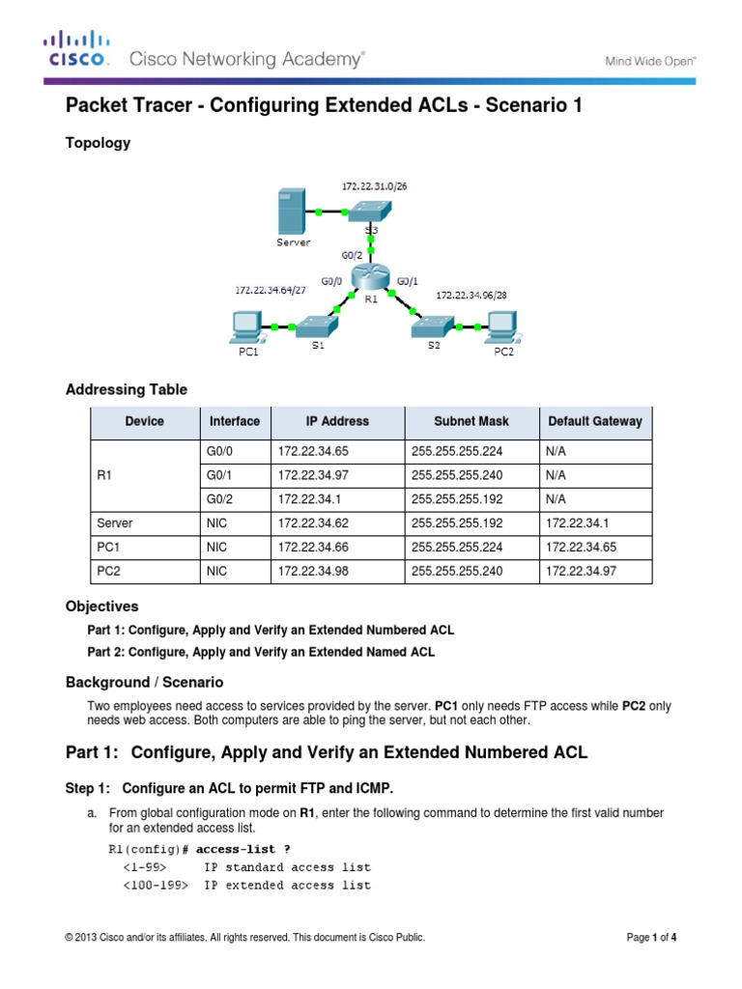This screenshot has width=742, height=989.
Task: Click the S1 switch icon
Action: pos(316,325)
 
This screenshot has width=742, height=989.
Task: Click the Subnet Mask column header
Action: pos(472,422)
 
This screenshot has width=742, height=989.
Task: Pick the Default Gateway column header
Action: pos(594,422)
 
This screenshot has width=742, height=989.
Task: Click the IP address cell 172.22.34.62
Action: pos(309,523)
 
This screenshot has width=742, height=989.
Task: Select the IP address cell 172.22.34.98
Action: pos(309,571)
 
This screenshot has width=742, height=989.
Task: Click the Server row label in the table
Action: pos(115,523)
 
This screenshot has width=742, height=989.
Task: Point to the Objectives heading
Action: pos(101,607)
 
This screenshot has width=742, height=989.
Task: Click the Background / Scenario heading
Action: pos(144,682)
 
